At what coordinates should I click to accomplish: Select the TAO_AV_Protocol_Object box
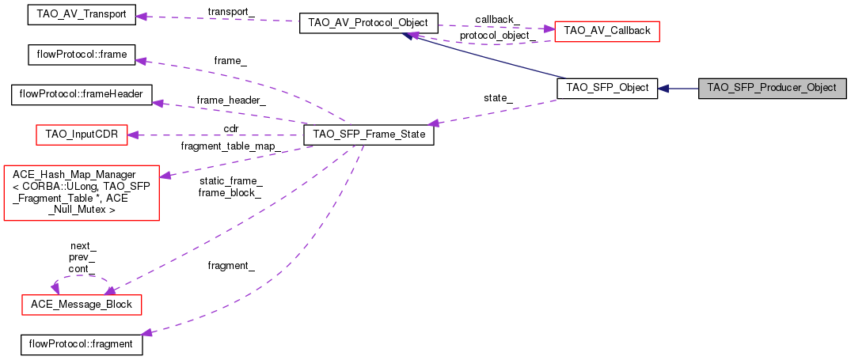[x=369, y=23]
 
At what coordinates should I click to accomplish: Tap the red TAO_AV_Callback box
[x=606, y=31]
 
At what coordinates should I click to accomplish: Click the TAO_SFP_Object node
[x=607, y=88]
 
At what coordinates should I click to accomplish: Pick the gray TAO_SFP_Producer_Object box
[x=773, y=88]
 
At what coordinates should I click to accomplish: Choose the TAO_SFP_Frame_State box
[x=369, y=135]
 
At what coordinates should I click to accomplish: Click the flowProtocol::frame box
[x=81, y=55]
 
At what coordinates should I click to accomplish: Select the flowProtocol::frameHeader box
[x=82, y=94]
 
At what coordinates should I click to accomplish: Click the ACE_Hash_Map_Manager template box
[x=82, y=193]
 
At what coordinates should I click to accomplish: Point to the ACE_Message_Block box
[x=81, y=305]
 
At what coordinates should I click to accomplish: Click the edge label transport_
[x=231, y=11]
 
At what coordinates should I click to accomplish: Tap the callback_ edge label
[x=497, y=20]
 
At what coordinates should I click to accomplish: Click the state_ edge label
[x=498, y=98]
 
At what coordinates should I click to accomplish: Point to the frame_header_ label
[x=231, y=100]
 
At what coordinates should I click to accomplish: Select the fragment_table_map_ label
[x=230, y=146]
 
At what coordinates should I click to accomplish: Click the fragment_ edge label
[x=231, y=266]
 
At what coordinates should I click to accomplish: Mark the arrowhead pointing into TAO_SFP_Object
[x=663, y=88]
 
